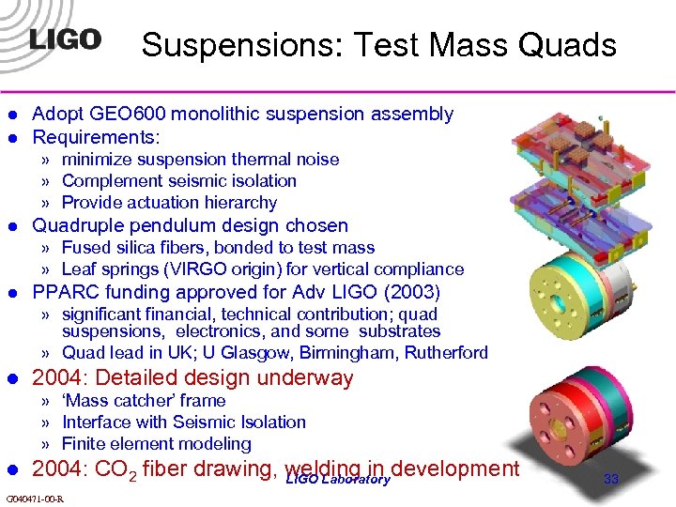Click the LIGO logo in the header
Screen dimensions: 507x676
pyautogui.click(x=65, y=39)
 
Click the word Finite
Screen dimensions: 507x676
pyautogui.click(x=83, y=444)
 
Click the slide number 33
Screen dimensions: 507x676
pyautogui.click(x=611, y=479)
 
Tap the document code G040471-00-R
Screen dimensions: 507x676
pyautogui.click(x=34, y=499)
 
